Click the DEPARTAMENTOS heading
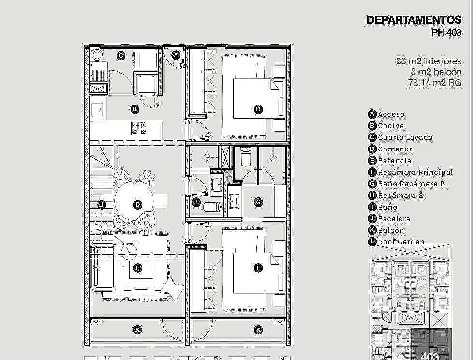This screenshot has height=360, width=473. (x=414, y=20)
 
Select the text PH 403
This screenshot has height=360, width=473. (x=446, y=32)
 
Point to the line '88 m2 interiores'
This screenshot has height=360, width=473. (x=429, y=61)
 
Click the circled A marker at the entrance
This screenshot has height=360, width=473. (x=176, y=55)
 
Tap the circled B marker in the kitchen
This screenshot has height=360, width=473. (x=135, y=109)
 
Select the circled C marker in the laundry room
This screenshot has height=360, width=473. (x=120, y=56)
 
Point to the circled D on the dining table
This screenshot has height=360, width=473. (x=137, y=205)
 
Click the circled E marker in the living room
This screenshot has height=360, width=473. (x=137, y=268)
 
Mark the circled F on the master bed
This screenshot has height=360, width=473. (x=258, y=268)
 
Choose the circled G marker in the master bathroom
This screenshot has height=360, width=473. (x=258, y=202)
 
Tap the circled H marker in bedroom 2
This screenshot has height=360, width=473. (x=258, y=109)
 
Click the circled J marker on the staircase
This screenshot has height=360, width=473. (x=102, y=205)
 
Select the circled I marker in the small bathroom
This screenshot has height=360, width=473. (x=196, y=202)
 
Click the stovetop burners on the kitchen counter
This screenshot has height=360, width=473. (x=139, y=128)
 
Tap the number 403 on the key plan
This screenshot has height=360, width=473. (x=429, y=357)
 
